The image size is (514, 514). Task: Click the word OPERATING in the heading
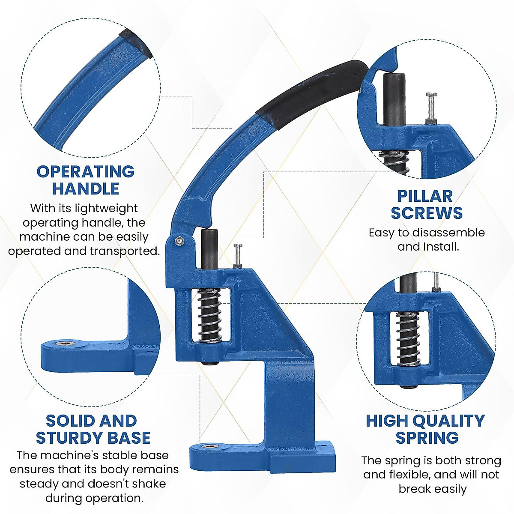point(86,172)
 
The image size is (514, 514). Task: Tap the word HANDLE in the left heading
point(86,189)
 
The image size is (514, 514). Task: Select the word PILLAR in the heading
point(425,196)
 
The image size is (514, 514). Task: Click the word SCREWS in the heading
point(427,213)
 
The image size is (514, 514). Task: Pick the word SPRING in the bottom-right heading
point(427,438)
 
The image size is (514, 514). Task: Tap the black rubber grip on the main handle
point(313,92)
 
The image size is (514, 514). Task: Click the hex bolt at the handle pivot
point(179,241)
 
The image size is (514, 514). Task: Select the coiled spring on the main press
point(209,315)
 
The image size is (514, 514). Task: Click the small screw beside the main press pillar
point(238,256)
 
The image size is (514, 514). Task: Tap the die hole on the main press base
point(209,446)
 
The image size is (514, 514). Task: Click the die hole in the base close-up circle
point(65,343)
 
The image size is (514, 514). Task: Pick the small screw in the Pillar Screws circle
point(430,107)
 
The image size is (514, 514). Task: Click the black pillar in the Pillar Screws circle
point(394,99)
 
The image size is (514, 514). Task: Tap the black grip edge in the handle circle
point(136,43)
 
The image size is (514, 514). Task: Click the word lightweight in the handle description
point(106,209)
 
